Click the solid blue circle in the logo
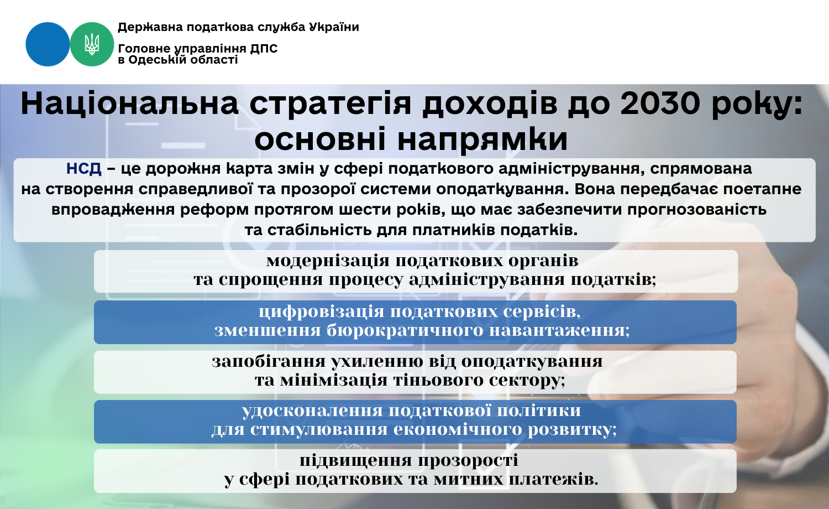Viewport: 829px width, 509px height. point(48,44)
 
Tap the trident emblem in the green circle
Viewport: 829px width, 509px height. point(92,44)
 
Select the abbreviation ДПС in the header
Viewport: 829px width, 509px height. point(263,49)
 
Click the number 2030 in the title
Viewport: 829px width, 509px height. point(660,103)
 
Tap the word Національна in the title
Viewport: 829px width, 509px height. point(129,103)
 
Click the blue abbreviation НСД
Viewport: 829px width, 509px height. point(83,169)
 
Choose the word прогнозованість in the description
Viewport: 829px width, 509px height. point(697,210)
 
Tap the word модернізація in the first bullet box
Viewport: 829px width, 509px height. point(328,261)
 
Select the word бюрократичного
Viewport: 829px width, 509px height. point(405,331)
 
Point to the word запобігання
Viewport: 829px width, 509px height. point(268,362)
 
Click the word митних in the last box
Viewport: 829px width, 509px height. point(468,480)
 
